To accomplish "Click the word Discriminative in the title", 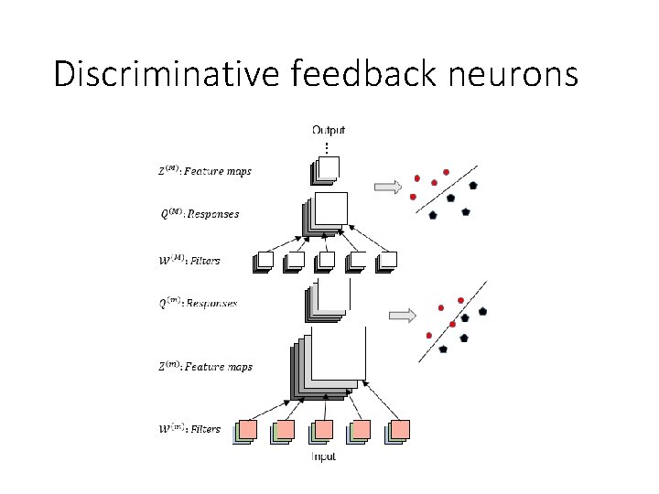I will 167,73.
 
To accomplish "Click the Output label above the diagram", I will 329,131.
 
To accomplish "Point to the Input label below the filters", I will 323,456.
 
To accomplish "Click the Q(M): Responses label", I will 200,214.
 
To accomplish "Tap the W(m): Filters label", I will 190,428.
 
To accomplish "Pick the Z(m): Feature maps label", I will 205,367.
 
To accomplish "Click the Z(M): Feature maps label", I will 205,171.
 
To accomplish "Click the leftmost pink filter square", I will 246,430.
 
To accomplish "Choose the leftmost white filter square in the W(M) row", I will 264,261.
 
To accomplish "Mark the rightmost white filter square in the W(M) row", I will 387,261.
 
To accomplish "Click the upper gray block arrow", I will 388,188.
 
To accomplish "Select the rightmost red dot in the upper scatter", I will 446,172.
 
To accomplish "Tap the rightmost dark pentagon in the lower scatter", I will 482,311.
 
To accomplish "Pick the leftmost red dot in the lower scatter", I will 428,336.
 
